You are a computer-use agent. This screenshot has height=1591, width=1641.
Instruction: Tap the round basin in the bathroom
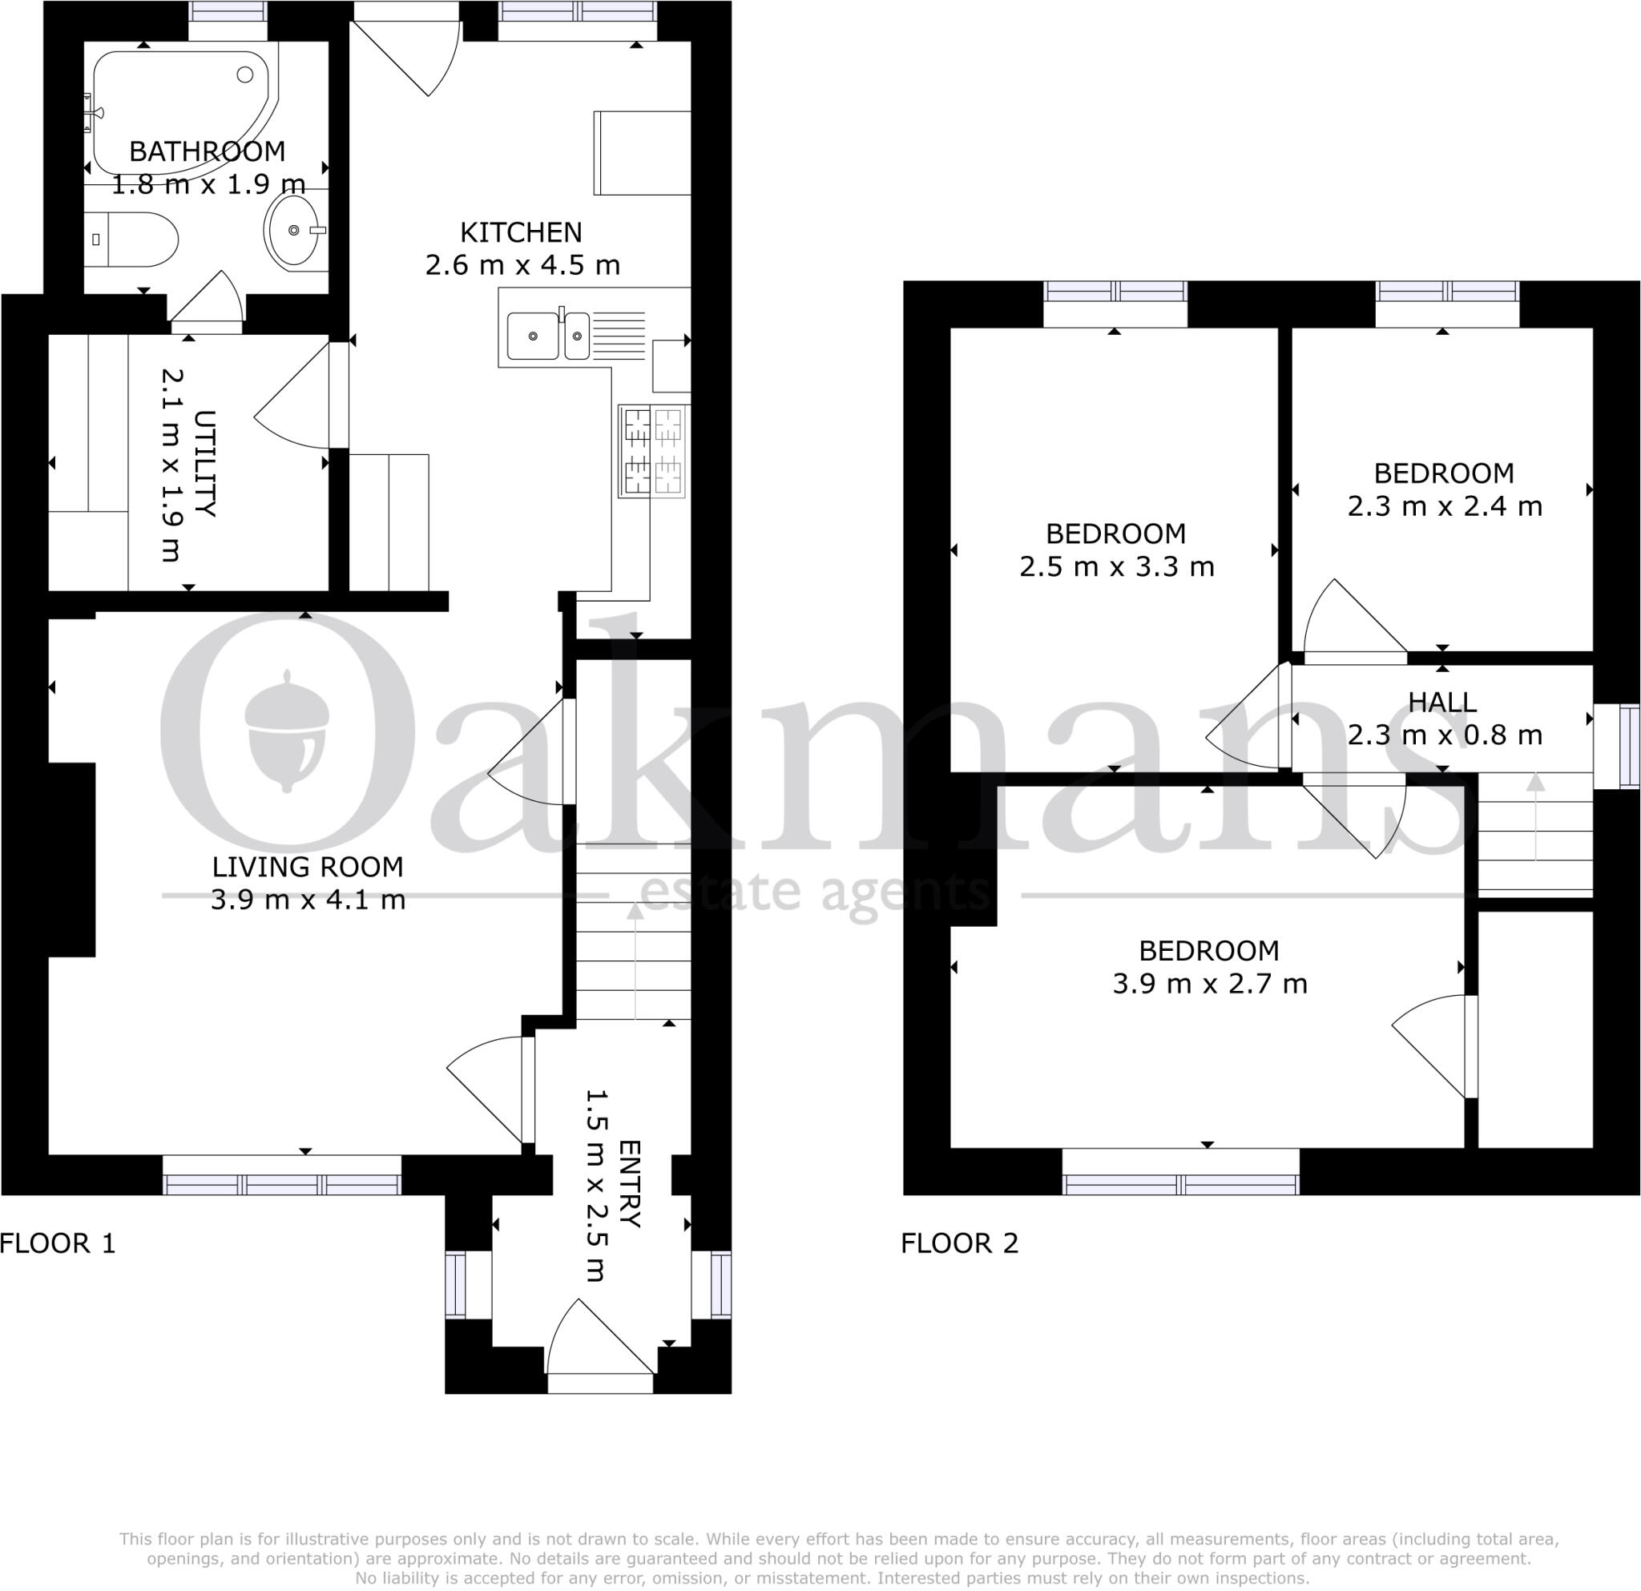(292, 230)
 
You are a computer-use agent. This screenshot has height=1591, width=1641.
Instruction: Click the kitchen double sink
(548, 336)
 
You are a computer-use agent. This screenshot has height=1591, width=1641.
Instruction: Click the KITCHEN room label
(521, 232)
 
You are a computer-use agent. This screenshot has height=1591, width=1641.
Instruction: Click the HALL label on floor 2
(1441, 703)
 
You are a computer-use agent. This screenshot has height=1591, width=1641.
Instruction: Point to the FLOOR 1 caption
(57, 1243)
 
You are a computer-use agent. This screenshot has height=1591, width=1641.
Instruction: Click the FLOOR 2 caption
(959, 1243)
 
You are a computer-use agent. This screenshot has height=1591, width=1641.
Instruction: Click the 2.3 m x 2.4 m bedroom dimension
(1444, 506)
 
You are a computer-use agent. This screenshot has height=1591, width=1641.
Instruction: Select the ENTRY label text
(630, 1183)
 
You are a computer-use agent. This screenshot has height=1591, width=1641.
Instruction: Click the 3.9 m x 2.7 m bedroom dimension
(1209, 985)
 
